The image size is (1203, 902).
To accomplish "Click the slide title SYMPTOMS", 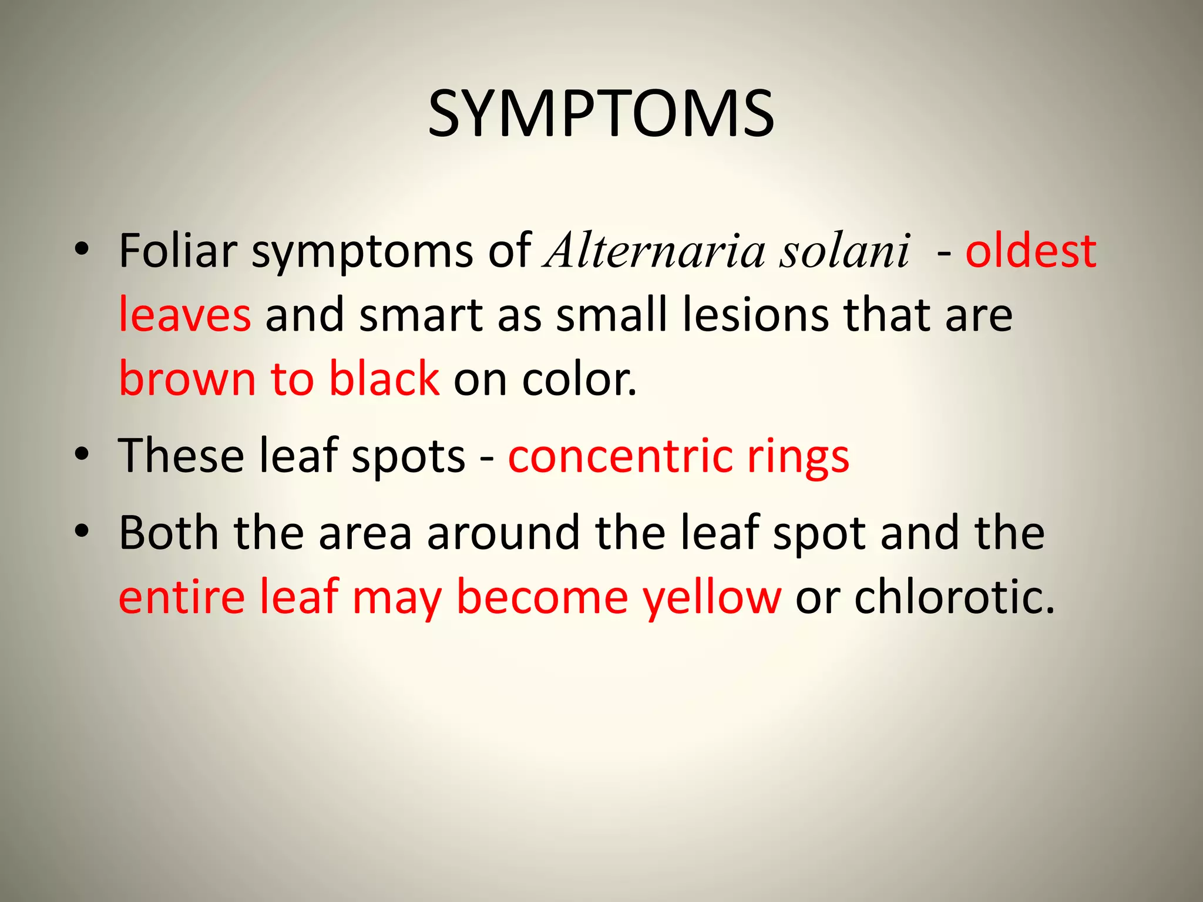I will tap(601, 114).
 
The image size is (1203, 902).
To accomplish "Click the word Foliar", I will tap(177, 251).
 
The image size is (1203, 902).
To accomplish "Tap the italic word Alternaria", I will tap(655, 251).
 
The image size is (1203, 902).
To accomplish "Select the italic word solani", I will tap(845, 251).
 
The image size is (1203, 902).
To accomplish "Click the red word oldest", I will tap(1031, 251).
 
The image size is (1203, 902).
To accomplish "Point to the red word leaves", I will tap(185, 315).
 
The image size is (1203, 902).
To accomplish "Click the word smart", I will tap(421, 315).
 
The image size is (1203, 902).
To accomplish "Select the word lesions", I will tap(756, 315).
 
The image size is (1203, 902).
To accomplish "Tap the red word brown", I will tap(187, 379).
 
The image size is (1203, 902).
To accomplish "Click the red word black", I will tap(384, 379).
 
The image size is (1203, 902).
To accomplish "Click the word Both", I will tap(169, 533).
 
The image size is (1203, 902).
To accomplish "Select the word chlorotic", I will tap(954, 597).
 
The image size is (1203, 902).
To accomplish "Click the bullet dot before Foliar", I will tap(82, 250).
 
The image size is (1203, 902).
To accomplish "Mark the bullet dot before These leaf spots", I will tap(82, 455).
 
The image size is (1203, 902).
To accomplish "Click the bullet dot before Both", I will tap(82, 531).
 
